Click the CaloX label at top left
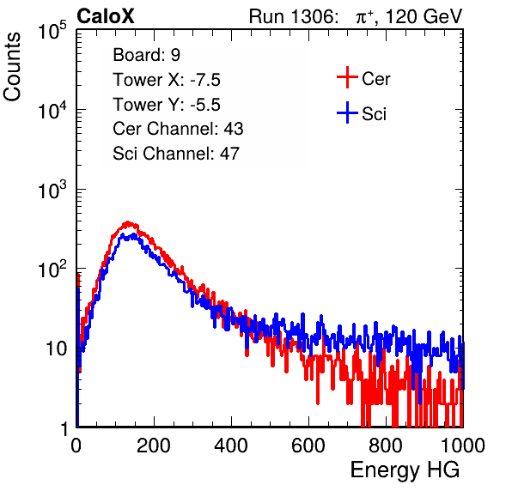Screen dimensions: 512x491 click(106, 16)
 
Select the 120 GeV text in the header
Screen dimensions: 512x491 click(424, 16)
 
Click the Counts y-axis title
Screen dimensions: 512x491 click(12, 67)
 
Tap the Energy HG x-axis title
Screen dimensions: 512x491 click(405, 470)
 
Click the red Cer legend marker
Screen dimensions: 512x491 click(347, 77)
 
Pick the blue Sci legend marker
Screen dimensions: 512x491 click(347, 113)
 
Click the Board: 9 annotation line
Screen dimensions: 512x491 click(146, 55)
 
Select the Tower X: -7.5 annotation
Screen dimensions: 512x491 click(167, 80)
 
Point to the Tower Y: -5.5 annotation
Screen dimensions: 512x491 click(167, 105)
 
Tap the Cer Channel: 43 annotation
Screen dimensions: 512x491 click(178, 129)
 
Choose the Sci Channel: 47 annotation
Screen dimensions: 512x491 click(176, 154)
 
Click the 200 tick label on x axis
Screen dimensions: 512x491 click(154, 446)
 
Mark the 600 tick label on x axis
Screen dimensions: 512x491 click(308, 446)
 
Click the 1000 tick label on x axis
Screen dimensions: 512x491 click(463, 446)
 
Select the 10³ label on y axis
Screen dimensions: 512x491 click(52, 190)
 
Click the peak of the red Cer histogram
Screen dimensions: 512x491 click(128, 223)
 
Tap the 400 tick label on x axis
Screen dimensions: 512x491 click(231, 446)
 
